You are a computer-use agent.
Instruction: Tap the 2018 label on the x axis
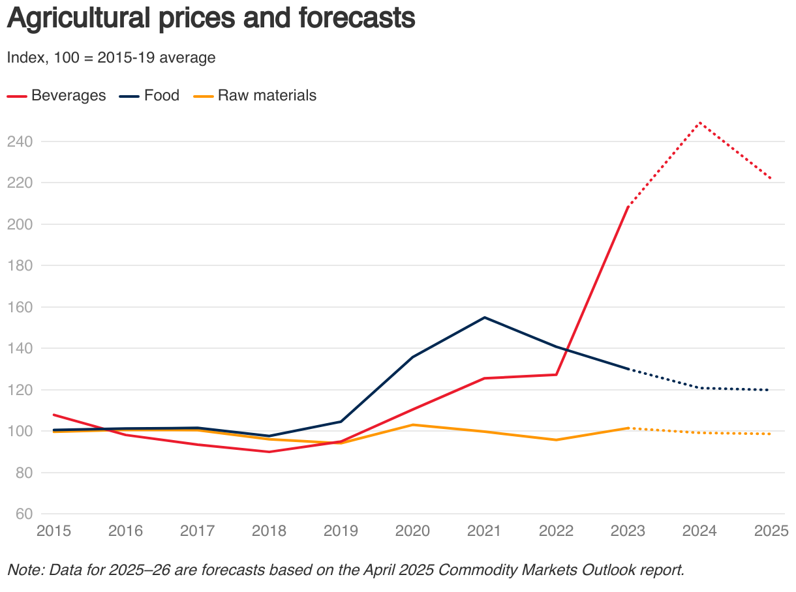pos(269,531)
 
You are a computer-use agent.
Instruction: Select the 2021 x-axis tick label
pos(484,531)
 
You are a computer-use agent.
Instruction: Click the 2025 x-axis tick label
pos(771,531)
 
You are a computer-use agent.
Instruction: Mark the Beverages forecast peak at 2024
pos(699,123)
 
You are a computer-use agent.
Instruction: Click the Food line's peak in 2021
pos(484,318)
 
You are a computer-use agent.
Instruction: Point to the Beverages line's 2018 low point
pos(269,452)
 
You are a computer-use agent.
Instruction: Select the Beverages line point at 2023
pos(628,207)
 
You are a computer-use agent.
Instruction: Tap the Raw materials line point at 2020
pos(412,424)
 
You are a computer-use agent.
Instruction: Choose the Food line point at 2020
pos(412,357)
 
